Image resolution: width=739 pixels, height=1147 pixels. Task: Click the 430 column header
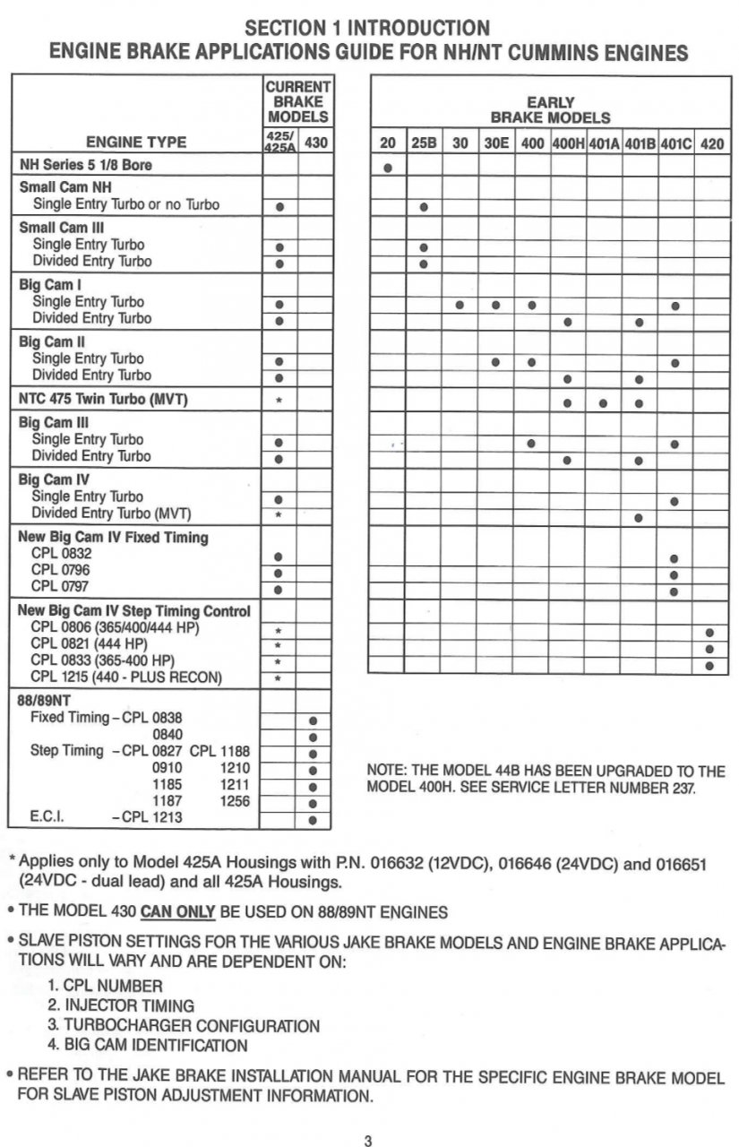(x=315, y=142)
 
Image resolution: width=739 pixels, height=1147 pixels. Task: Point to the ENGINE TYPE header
(x=136, y=142)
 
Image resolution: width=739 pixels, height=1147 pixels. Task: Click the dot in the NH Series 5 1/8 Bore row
(x=387, y=168)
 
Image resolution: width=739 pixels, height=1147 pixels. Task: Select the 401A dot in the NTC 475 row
(x=603, y=402)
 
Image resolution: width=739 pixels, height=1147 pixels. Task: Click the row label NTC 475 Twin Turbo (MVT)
(x=104, y=400)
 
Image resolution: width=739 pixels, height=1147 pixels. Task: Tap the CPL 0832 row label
(x=61, y=554)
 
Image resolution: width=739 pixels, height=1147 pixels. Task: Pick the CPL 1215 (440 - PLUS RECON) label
(x=126, y=677)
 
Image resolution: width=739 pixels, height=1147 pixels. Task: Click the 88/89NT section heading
(x=45, y=700)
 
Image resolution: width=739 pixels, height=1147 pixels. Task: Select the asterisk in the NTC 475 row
(x=279, y=401)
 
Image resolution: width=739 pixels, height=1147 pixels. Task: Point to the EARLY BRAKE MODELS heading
(x=550, y=110)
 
